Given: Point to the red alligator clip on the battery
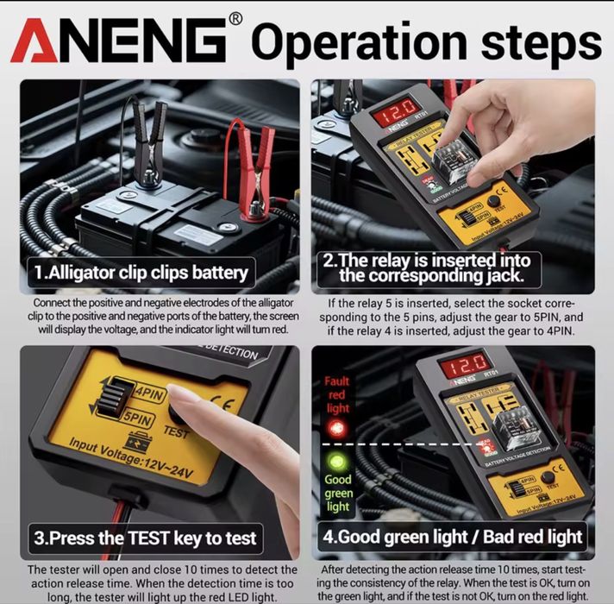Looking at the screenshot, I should click(x=251, y=168).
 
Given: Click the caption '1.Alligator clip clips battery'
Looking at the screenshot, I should click(x=141, y=274).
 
